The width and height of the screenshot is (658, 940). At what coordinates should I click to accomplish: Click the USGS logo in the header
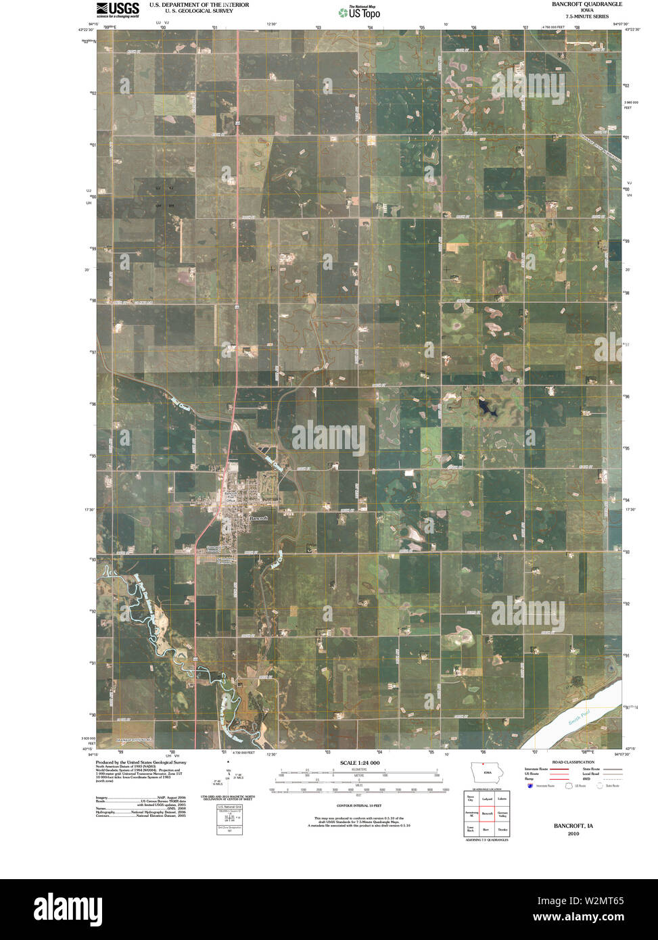pos(118,9)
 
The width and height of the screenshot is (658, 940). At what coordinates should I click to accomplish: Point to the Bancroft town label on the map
pos(258,518)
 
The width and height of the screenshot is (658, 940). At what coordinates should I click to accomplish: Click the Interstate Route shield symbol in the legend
pos(529,785)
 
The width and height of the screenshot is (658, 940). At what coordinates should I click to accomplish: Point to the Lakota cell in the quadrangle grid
pos(502,799)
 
